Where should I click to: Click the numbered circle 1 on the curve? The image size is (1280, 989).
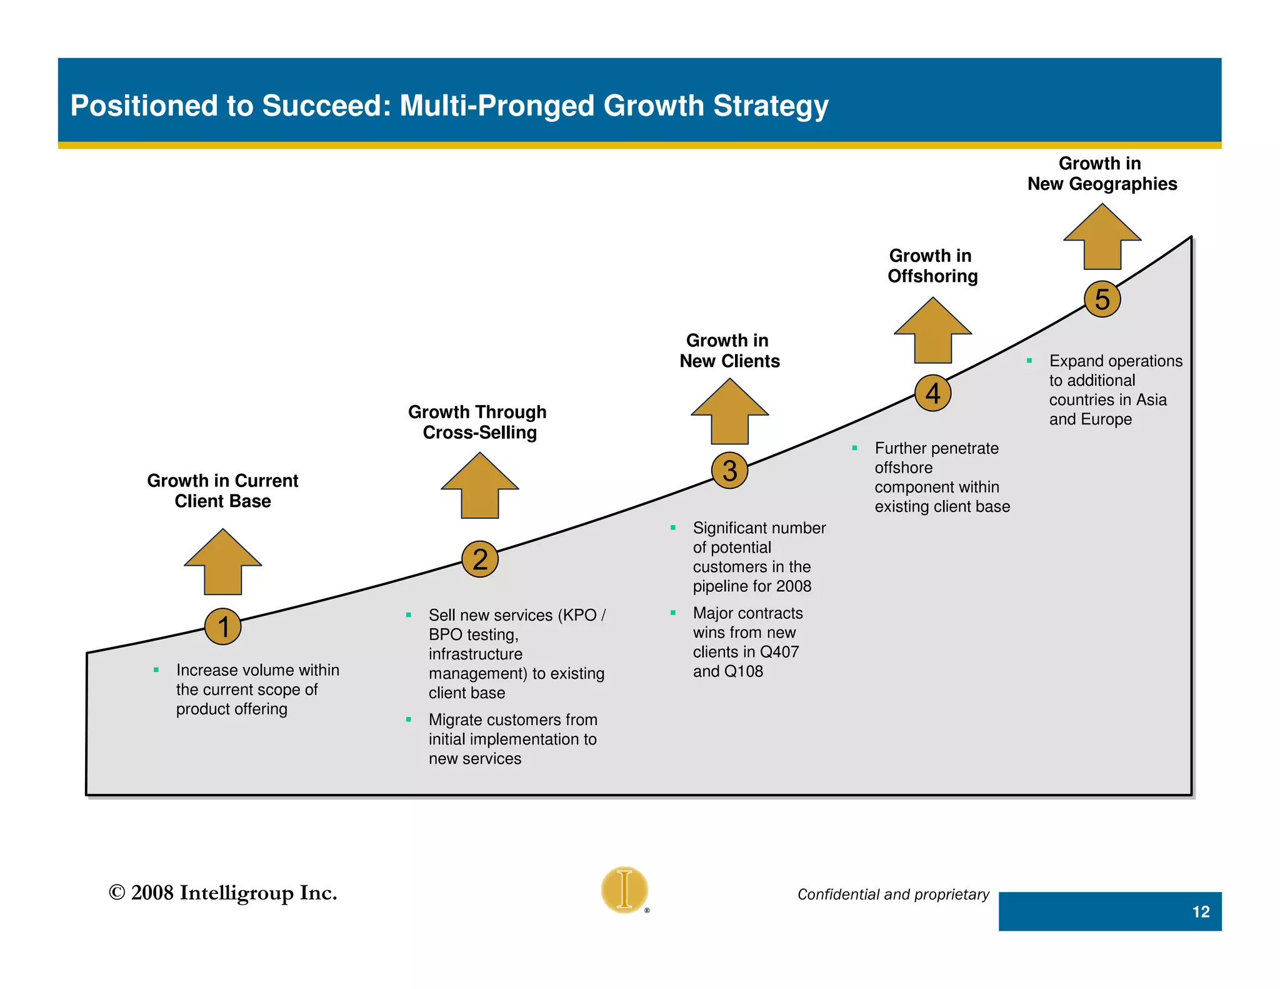tap(223, 626)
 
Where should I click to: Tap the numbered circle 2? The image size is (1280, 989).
tap(479, 559)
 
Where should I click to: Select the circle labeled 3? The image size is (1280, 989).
tap(729, 470)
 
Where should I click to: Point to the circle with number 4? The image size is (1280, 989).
tap(932, 393)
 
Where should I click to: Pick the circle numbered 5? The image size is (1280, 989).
tap(1102, 299)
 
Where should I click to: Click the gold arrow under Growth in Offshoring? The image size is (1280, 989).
tap(932, 331)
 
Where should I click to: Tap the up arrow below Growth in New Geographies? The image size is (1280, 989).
tap(1102, 238)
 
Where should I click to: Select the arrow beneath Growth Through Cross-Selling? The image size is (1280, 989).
tap(479, 486)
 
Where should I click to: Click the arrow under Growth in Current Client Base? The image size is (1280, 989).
tap(223, 563)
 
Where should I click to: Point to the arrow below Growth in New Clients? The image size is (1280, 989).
tap(729, 413)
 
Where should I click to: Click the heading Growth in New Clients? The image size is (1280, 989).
tap(729, 351)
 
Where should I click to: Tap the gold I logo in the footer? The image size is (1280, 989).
tap(624, 890)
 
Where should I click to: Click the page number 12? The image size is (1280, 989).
tap(1201, 911)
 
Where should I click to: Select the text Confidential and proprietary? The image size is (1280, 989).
tap(893, 895)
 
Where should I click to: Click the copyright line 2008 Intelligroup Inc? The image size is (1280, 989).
tap(222, 893)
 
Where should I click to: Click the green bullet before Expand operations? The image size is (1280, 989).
tap(1029, 361)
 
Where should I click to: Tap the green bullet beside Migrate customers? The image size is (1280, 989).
tap(408, 720)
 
